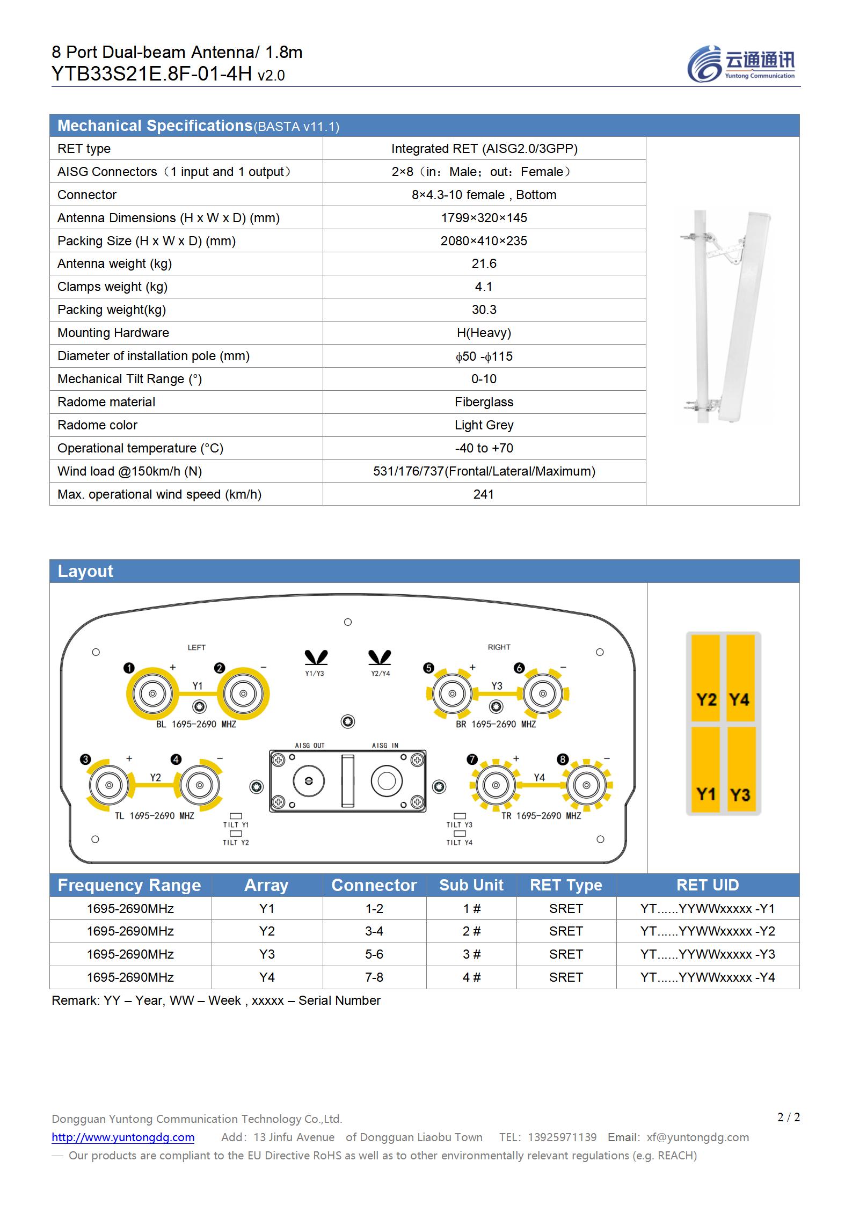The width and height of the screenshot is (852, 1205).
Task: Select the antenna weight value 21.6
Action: click(484, 264)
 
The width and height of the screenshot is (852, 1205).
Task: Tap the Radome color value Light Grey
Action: click(484, 425)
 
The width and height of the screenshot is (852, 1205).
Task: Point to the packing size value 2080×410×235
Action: click(484, 241)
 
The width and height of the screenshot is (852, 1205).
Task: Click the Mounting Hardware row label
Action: click(113, 333)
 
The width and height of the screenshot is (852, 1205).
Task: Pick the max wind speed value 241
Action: click(484, 494)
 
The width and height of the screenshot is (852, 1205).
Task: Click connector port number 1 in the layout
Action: click(152, 693)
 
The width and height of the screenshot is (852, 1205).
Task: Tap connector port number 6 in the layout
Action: click(543, 693)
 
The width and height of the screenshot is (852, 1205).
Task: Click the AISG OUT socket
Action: click(309, 781)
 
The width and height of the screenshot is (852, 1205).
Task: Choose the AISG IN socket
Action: click(387, 781)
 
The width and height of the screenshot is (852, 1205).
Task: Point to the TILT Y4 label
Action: click(460, 842)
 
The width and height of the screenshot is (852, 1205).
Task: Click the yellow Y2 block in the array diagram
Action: click(705, 678)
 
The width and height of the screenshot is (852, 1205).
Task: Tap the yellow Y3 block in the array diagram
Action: click(740, 770)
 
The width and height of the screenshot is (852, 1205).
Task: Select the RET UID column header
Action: click(708, 885)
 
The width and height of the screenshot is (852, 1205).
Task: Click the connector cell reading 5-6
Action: click(374, 954)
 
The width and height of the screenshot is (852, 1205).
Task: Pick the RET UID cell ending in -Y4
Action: click(708, 977)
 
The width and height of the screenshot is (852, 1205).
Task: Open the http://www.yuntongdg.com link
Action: click(123, 1137)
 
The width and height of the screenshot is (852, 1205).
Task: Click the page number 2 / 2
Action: click(788, 1117)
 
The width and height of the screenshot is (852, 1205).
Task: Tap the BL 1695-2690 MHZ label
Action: click(196, 724)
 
